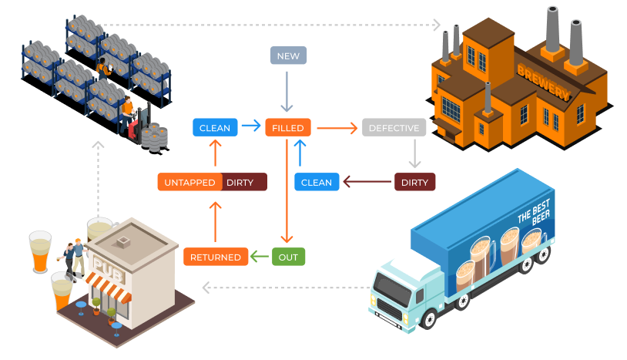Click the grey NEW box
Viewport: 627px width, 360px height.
click(x=289, y=55)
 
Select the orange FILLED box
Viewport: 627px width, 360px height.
click(x=288, y=128)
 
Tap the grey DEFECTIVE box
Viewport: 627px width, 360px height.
click(x=394, y=128)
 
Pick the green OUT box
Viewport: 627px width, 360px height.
click(x=288, y=257)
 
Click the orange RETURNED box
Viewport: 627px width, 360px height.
click(x=216, y=257)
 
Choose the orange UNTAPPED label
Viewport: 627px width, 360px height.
click(x=189, y=183)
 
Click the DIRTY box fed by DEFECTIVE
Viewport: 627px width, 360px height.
click(x=414, y=183)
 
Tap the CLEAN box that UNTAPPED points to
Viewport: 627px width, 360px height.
click(x=214, y=128)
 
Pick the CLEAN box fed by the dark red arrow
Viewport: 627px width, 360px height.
click(x=317, y=183)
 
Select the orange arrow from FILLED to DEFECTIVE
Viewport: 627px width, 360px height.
click(x=337, y=128)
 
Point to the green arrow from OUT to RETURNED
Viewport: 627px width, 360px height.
click(x=260, y=257)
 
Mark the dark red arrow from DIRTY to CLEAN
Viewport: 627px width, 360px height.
click(x=367, y=183)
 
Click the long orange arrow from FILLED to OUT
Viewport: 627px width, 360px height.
click(x=287, y=193)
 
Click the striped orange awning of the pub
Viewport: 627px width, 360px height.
click(x=107, y=289)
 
